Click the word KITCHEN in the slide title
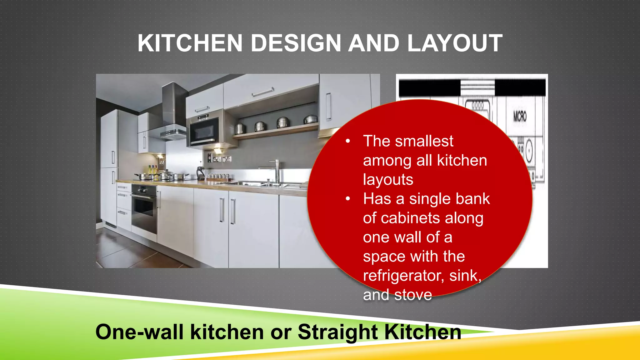coord(190,43)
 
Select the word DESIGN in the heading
coord(296,43)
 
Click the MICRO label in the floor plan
coord(520,117)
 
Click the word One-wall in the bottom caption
coord(139,332)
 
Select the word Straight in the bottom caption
coord(337,332)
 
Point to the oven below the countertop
coord(144,209)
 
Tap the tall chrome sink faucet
coord(277,170)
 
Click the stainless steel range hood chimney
coord(173,103)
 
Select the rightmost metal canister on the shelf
coord(311,119)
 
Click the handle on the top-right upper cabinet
coord(328,107)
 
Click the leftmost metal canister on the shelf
coord(240,128)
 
